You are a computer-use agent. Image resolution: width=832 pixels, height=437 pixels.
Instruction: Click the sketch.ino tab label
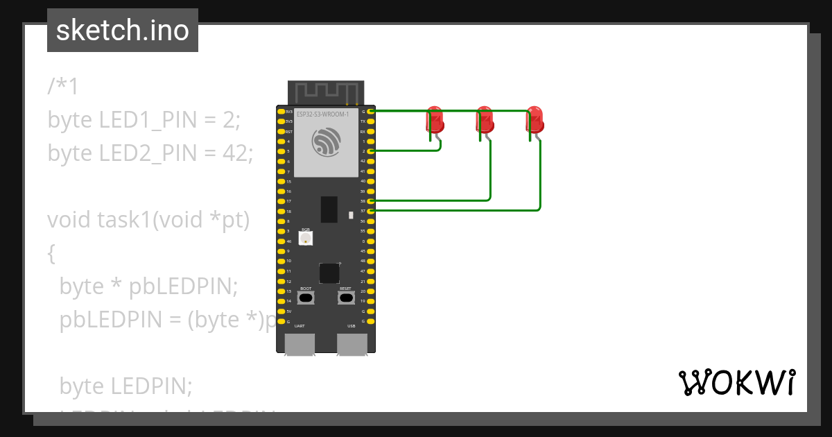tap(123, 31)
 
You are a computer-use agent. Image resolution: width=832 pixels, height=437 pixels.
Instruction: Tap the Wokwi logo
tap(736, 382)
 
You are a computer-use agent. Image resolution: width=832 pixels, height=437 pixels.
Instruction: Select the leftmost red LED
tap(435, 120)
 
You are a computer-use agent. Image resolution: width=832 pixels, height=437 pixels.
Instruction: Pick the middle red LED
tap(485, 120)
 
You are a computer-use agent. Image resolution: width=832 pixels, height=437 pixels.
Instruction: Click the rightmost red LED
tap(535, 120)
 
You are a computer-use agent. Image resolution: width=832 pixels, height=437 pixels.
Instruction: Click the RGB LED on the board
tap(306, 238)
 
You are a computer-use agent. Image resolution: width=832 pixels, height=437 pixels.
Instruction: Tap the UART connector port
tap(300, 344)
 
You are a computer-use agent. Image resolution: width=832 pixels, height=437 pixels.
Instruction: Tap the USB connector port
tap(352, 344)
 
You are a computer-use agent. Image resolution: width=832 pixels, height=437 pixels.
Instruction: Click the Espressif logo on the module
tap(326, 142)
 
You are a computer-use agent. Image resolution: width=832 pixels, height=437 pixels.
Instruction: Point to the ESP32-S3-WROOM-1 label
tap(322, 113)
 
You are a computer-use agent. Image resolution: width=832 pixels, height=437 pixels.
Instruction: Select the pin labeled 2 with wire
tap(372, 151)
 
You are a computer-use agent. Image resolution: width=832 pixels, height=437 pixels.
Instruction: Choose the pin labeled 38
tap(372, 200)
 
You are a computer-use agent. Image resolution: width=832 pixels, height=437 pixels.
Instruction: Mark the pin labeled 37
tap(372, 210)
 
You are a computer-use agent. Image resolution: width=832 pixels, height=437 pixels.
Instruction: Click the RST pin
tap(281, 131)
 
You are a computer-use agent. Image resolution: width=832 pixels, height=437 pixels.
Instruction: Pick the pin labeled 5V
tap(281, 311)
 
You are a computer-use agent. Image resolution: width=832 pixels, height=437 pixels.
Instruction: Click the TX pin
tap(372, 121)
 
